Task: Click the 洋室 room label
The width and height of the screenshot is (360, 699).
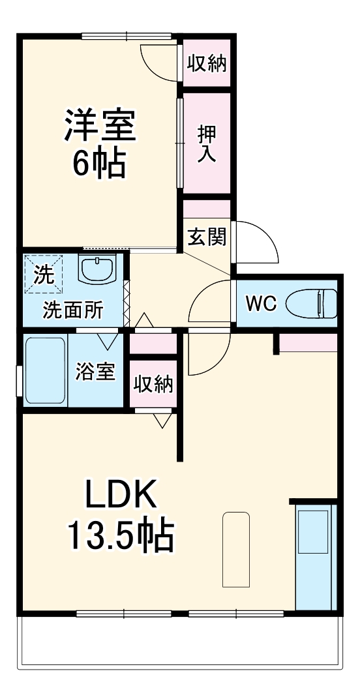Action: (x=99, y=125)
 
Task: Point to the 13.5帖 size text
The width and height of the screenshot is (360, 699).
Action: (x=121, y=536)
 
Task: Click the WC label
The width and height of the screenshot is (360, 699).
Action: (x=261, y=303)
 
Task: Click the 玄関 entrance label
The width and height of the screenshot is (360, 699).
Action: (x=207, y=236)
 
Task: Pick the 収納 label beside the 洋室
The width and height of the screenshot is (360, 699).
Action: (x=207, y=63)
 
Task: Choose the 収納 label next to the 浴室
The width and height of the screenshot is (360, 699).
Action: (x=154, y=384)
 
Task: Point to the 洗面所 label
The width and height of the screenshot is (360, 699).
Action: (x=73, y=310)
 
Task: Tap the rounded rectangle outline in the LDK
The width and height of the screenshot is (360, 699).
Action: (x=235, y=549)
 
